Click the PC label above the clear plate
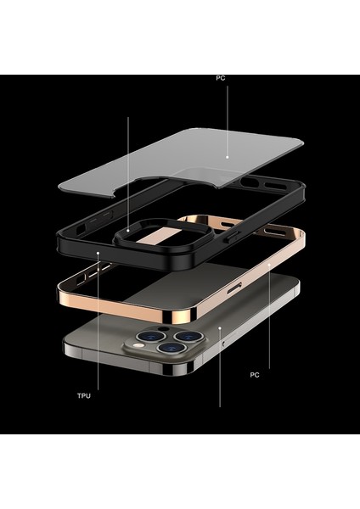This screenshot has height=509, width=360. pos(220,79)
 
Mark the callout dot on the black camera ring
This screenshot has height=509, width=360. pos(128,228)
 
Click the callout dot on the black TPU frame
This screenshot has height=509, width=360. pos(99,252)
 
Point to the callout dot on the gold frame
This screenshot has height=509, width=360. pos(270,266)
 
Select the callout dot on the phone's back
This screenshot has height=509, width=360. pos(220,327)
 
